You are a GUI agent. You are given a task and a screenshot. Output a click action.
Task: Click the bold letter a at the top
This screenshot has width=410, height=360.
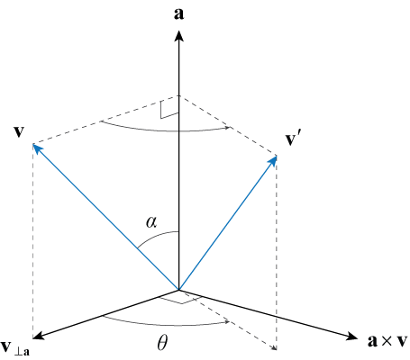click(x=178, y=13)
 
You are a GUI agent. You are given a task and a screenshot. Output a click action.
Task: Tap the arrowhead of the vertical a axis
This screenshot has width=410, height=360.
click(x=179, y=35)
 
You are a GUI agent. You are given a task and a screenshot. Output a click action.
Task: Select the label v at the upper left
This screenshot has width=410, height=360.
click(x=19, y=131)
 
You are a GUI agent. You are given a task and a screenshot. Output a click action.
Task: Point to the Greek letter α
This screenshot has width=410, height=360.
click(x=151, y=222)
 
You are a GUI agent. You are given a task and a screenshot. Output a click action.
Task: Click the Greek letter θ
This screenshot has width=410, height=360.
click(x=162, y=342)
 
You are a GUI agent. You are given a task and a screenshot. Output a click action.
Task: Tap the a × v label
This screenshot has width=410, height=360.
click(x=387, y=341)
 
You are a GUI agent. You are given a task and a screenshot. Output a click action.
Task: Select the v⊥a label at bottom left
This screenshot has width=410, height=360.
click(x=15, y=348)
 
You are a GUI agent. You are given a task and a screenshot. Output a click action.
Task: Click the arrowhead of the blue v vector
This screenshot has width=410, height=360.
click(x=37, y=148)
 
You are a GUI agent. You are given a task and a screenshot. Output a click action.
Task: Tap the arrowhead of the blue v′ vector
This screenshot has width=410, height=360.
click(x=273, y=160)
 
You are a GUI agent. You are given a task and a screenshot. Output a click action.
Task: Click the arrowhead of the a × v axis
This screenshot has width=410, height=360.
click(x=352, y=337)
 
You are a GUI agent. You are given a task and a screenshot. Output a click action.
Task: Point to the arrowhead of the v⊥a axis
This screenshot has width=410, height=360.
click(x=38, y=337)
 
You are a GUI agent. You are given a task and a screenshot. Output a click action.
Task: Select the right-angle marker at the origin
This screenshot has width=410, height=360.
click(x=181, y=300)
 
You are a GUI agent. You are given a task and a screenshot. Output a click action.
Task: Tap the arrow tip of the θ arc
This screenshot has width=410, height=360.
click(x=229, y=321)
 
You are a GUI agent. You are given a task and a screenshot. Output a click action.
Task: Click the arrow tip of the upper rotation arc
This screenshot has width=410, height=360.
click(x=230, y=128)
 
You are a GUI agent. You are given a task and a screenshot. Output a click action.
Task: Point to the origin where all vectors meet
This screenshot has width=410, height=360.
click(x=179, y=290)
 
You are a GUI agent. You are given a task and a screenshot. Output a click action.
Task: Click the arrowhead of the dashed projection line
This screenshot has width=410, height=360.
click(x=274, y=348)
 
